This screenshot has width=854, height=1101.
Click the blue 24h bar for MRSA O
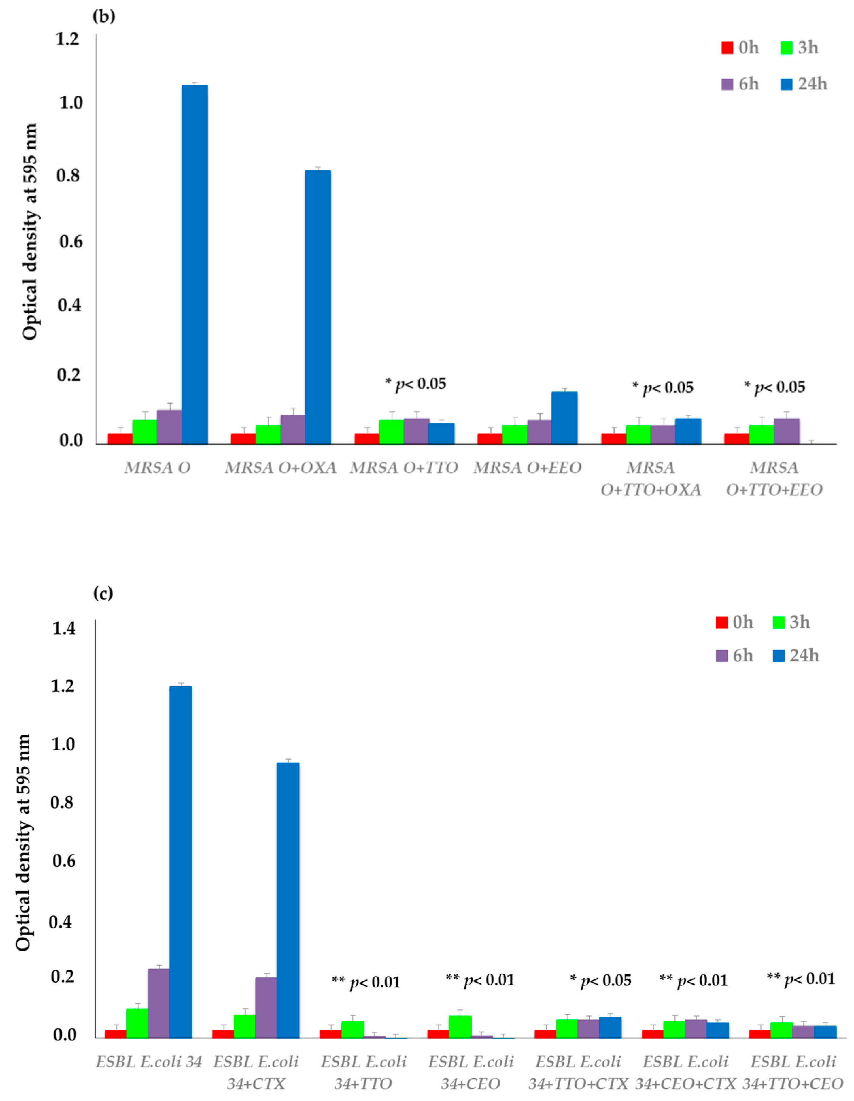[x=194, y=265]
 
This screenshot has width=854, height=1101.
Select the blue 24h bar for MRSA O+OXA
[x=318, y=307]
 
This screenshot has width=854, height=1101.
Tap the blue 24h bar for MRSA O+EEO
[x=564, y=418]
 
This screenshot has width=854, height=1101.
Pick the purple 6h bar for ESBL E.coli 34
[x=158, y=1003]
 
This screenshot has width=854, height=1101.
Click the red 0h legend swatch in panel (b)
[x=727, y=48]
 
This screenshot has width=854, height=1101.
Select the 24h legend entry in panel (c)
[x=796, y=655]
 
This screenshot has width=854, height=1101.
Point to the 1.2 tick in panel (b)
[x=68, y=38]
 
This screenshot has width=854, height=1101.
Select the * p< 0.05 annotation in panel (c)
[x=601, y=981]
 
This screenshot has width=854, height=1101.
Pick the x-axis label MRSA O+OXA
[x=280, y=468]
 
